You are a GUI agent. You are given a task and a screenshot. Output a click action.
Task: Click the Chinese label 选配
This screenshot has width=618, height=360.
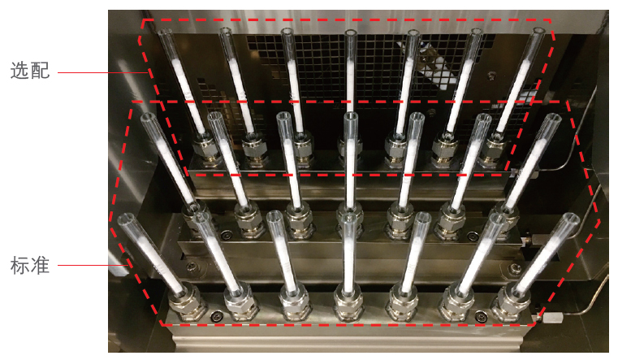click(x=30, y=71)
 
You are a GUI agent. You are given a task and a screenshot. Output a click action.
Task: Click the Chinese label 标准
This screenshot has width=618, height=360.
click(x=30, y=265)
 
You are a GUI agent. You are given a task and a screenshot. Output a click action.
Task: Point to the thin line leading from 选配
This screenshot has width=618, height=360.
click(x=103, y=72)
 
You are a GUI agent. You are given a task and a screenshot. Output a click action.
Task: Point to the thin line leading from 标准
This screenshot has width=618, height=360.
click(x=93, y=265)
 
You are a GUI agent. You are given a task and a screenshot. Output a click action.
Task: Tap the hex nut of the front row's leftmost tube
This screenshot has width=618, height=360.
click(x=187, y=306)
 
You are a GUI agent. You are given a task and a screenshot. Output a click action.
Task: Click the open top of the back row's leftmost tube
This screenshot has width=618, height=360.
click(x=165, y=32)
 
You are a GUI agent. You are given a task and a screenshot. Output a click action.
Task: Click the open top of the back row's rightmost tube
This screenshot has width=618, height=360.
click(x=538, y=31)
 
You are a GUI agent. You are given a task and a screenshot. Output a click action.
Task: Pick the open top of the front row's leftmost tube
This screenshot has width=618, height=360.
click(x=126, y=218)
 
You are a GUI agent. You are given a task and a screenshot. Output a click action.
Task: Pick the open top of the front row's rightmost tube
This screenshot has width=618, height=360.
click(x=571, y=218)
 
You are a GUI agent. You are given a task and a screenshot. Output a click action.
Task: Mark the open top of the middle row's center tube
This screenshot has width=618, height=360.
click(x=351, y=116)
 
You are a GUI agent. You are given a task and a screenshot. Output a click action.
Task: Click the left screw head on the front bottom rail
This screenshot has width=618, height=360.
click(x=216, y=315)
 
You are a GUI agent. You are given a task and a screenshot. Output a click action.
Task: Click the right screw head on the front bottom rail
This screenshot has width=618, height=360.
click(x=480, y=315)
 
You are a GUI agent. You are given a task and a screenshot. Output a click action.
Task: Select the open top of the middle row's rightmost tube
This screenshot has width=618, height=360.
click(x=553, y=118)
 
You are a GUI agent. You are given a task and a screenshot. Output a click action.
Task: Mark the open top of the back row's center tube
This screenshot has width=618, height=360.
click(x=351, y=33)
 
